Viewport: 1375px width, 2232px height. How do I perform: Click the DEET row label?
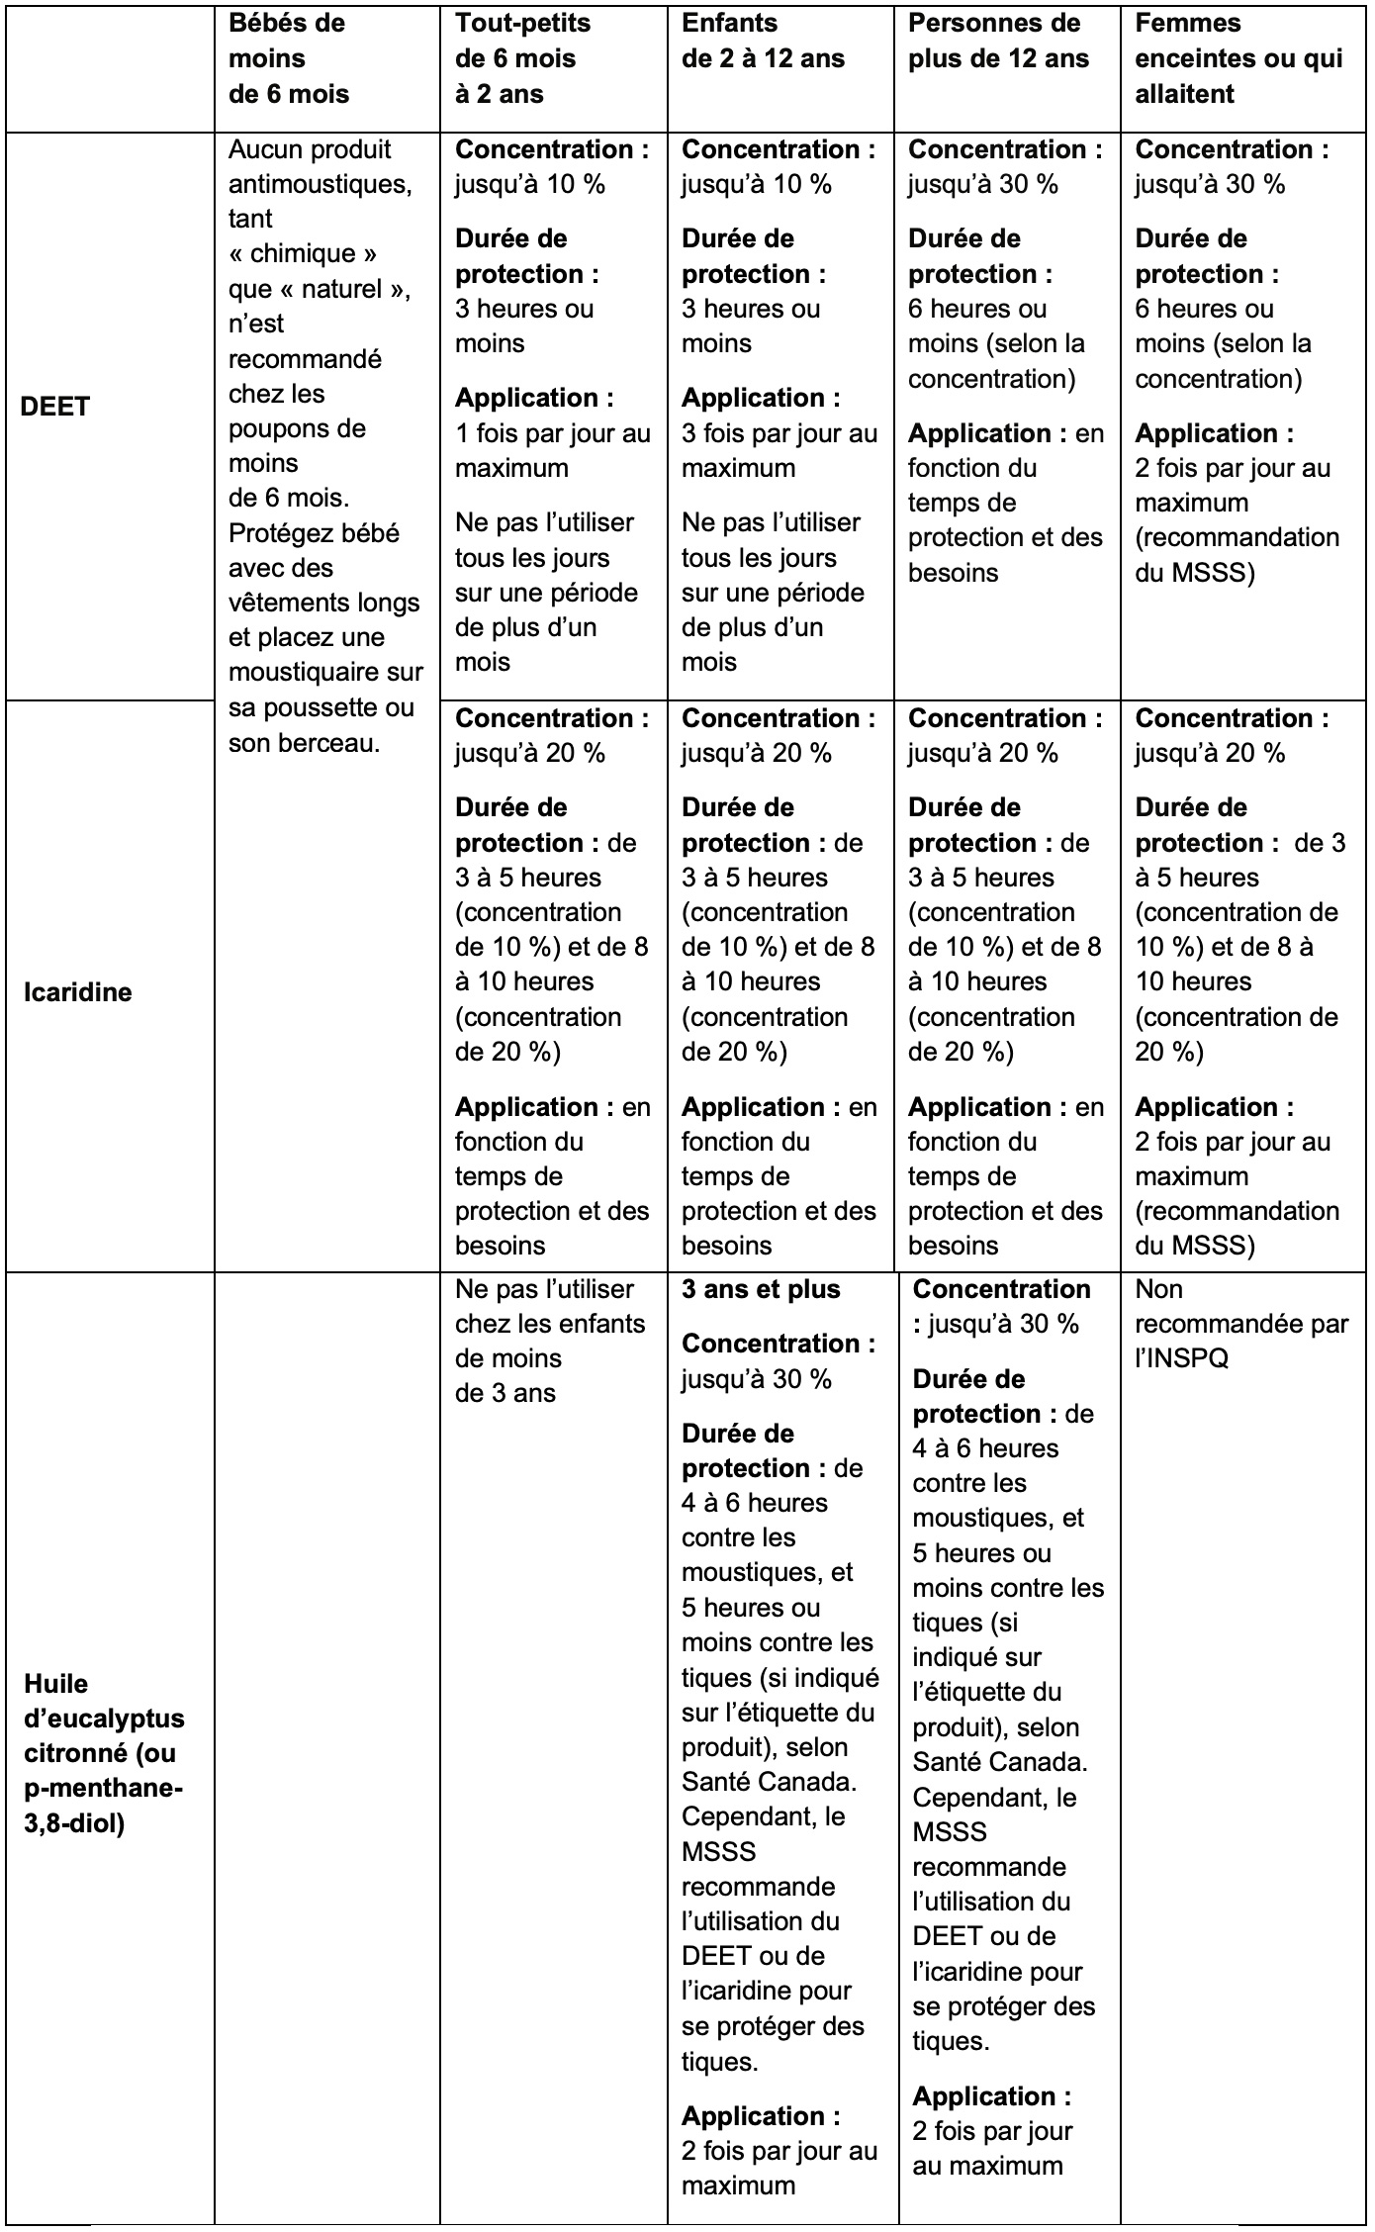pyautogui.click(x=55, y=407)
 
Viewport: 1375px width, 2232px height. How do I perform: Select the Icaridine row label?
pyautogui.click(x=77, y=992)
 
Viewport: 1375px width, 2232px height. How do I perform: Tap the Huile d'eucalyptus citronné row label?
pyautogui.click(x=104, y=1753)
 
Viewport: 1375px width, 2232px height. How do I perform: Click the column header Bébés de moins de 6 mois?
pyautogui.click(x=289, y=58)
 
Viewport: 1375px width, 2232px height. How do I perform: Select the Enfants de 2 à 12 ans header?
pyautogui.click(x=763, y=41)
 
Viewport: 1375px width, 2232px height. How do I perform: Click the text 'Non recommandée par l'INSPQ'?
pyautogui.click(x=1240, y=1323)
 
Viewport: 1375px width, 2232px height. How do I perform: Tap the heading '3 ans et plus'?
pyautogui.click(x=761, y=1289)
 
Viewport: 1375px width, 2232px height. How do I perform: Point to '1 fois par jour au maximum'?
pyautogui.click(x=552, y=450)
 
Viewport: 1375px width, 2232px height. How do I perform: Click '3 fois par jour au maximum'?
pyautogui.click(x=779, y=450)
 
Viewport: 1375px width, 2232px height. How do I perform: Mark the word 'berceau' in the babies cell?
pyautogui.click(x=338, y=742)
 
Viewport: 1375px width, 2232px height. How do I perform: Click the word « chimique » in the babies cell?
pyautogui.click(x=303, y=254)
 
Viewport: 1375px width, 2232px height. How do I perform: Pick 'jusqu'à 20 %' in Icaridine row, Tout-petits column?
pyautogui.click(x=529, y=753)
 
